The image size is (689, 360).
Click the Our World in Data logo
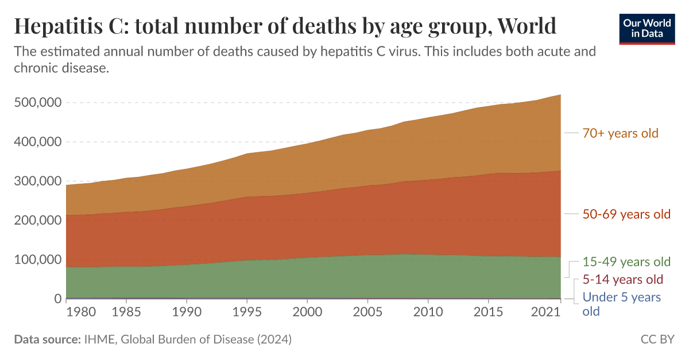click(647, 27)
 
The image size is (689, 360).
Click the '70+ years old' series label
click(620, 133)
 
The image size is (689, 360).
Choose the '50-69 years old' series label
click(626, 214)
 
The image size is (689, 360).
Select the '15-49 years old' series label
click(626, 262)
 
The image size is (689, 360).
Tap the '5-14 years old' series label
click(622, 280)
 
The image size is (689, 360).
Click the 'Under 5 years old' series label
click(621, 304)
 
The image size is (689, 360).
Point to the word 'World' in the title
click(527, 26)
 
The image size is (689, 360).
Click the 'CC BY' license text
click(657, 339)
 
